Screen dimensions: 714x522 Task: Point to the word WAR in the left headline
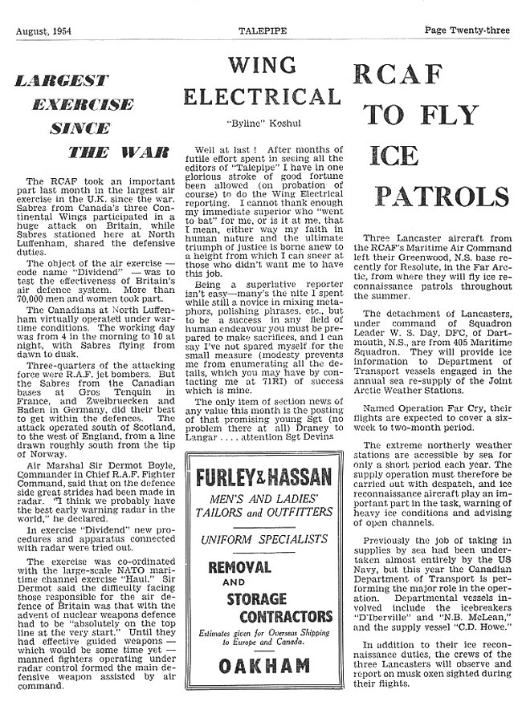[141, 151]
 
